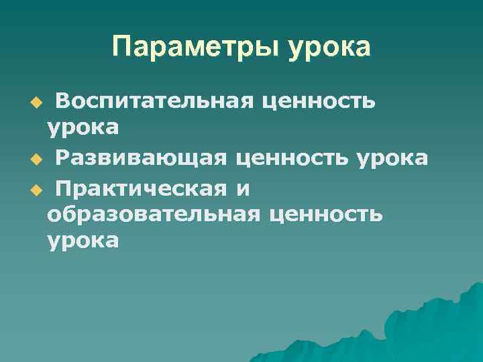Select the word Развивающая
[x=141, y=158]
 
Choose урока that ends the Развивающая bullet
[x=392, y=158]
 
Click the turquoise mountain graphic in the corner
[x=429, y=328]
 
